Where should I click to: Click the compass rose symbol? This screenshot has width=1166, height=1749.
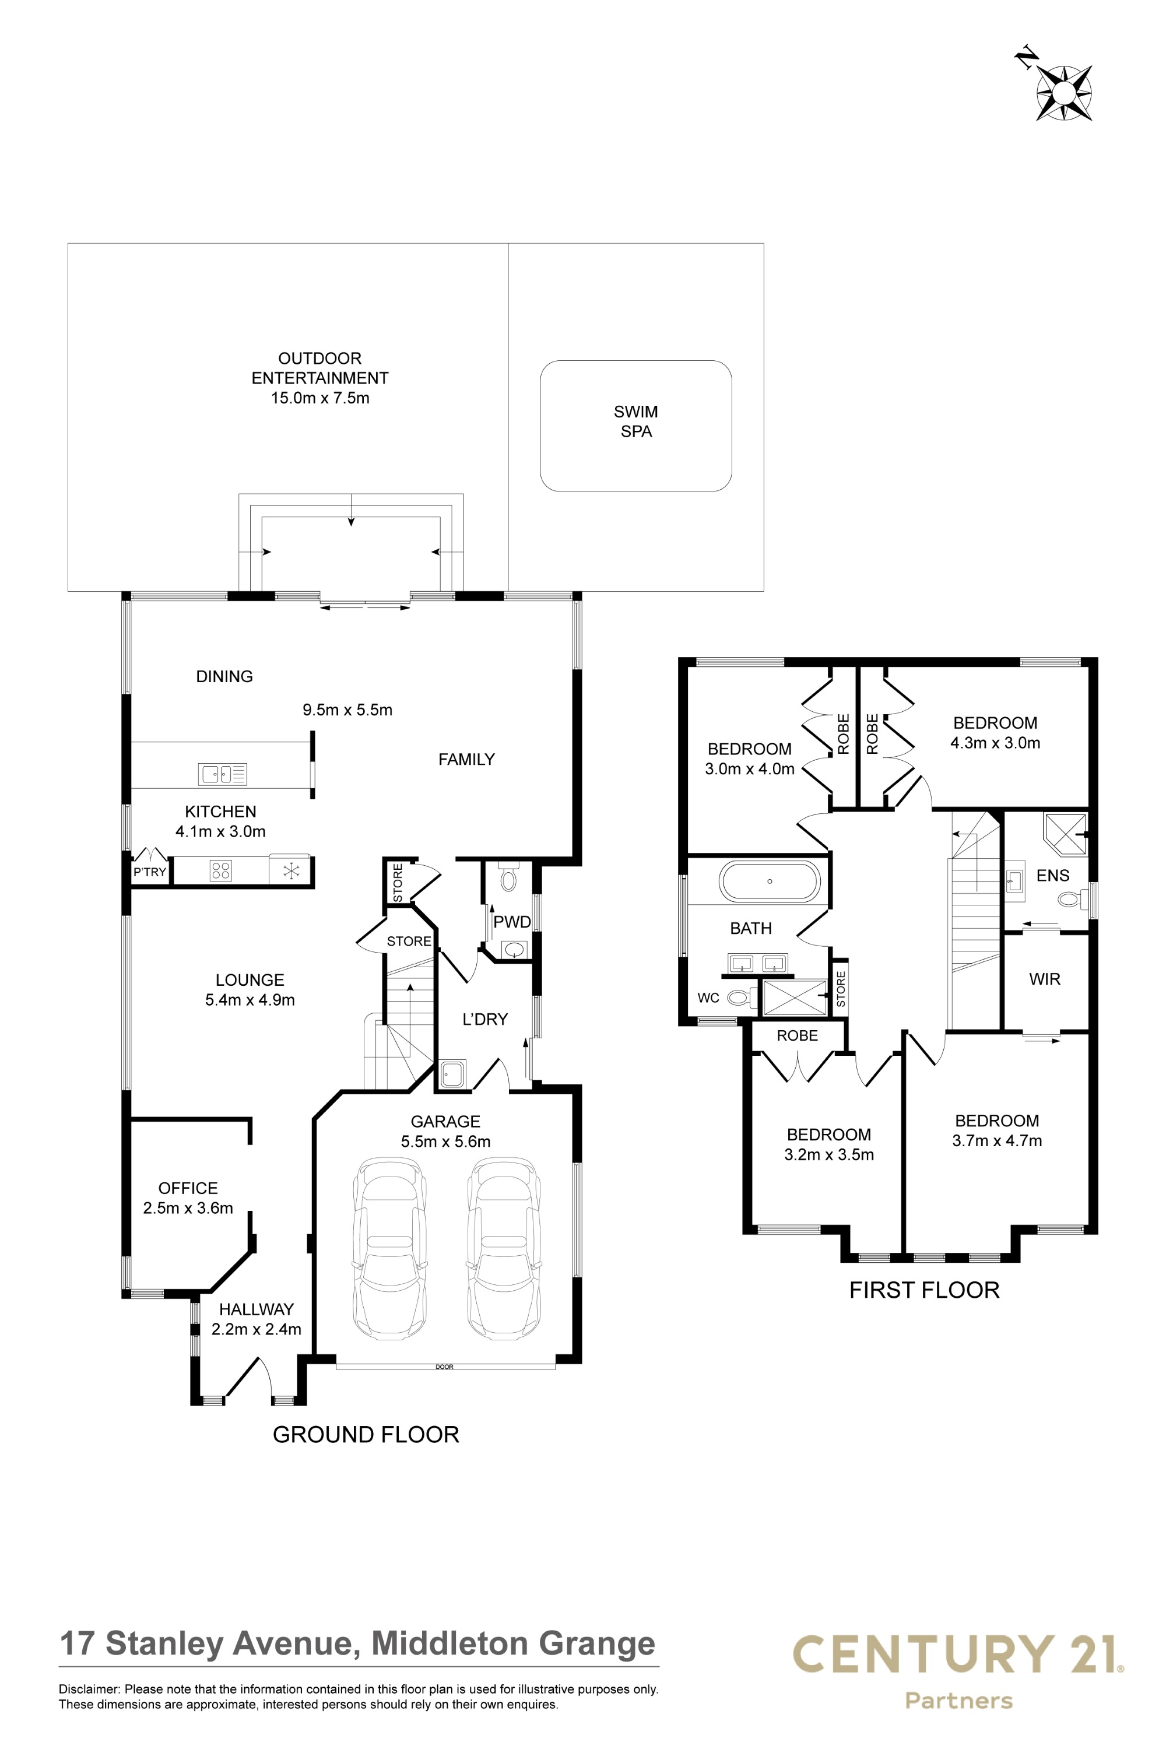coord(1063,92)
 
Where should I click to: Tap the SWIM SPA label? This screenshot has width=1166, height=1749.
coord(636,422)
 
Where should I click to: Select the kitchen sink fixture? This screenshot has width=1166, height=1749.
coord(222,774)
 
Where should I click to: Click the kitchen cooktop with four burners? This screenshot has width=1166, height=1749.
coord(221,870)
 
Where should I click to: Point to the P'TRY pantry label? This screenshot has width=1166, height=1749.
coord(149,872)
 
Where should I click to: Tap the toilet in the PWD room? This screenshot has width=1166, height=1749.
coord(508,877)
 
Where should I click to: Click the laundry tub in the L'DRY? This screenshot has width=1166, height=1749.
coord(452,1074)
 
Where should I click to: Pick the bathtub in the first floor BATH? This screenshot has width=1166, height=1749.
coord(770,882)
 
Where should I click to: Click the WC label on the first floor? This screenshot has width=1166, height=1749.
coord(708,998)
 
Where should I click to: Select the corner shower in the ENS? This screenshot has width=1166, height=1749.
coord(1065,834)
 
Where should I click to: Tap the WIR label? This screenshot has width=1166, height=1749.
coord(1045,979)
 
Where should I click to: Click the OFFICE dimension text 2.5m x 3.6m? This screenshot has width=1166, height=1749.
coord(188,1209)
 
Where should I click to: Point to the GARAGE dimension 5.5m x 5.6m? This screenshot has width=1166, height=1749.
coord(445,1142)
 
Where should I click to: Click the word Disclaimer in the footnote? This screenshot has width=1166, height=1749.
coord(89,1690)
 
